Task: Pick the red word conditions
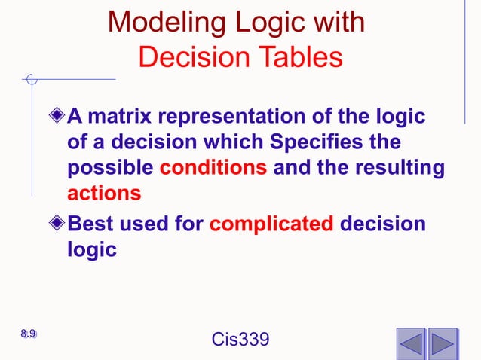click(x=213, y=167)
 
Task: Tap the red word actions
click(x=104, y=193)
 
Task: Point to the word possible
click(x=111, y=167)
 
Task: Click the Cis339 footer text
click(x=240, y=340)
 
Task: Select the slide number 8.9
click(x=29, y=334)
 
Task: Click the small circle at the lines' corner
click(x=31, y=78)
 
